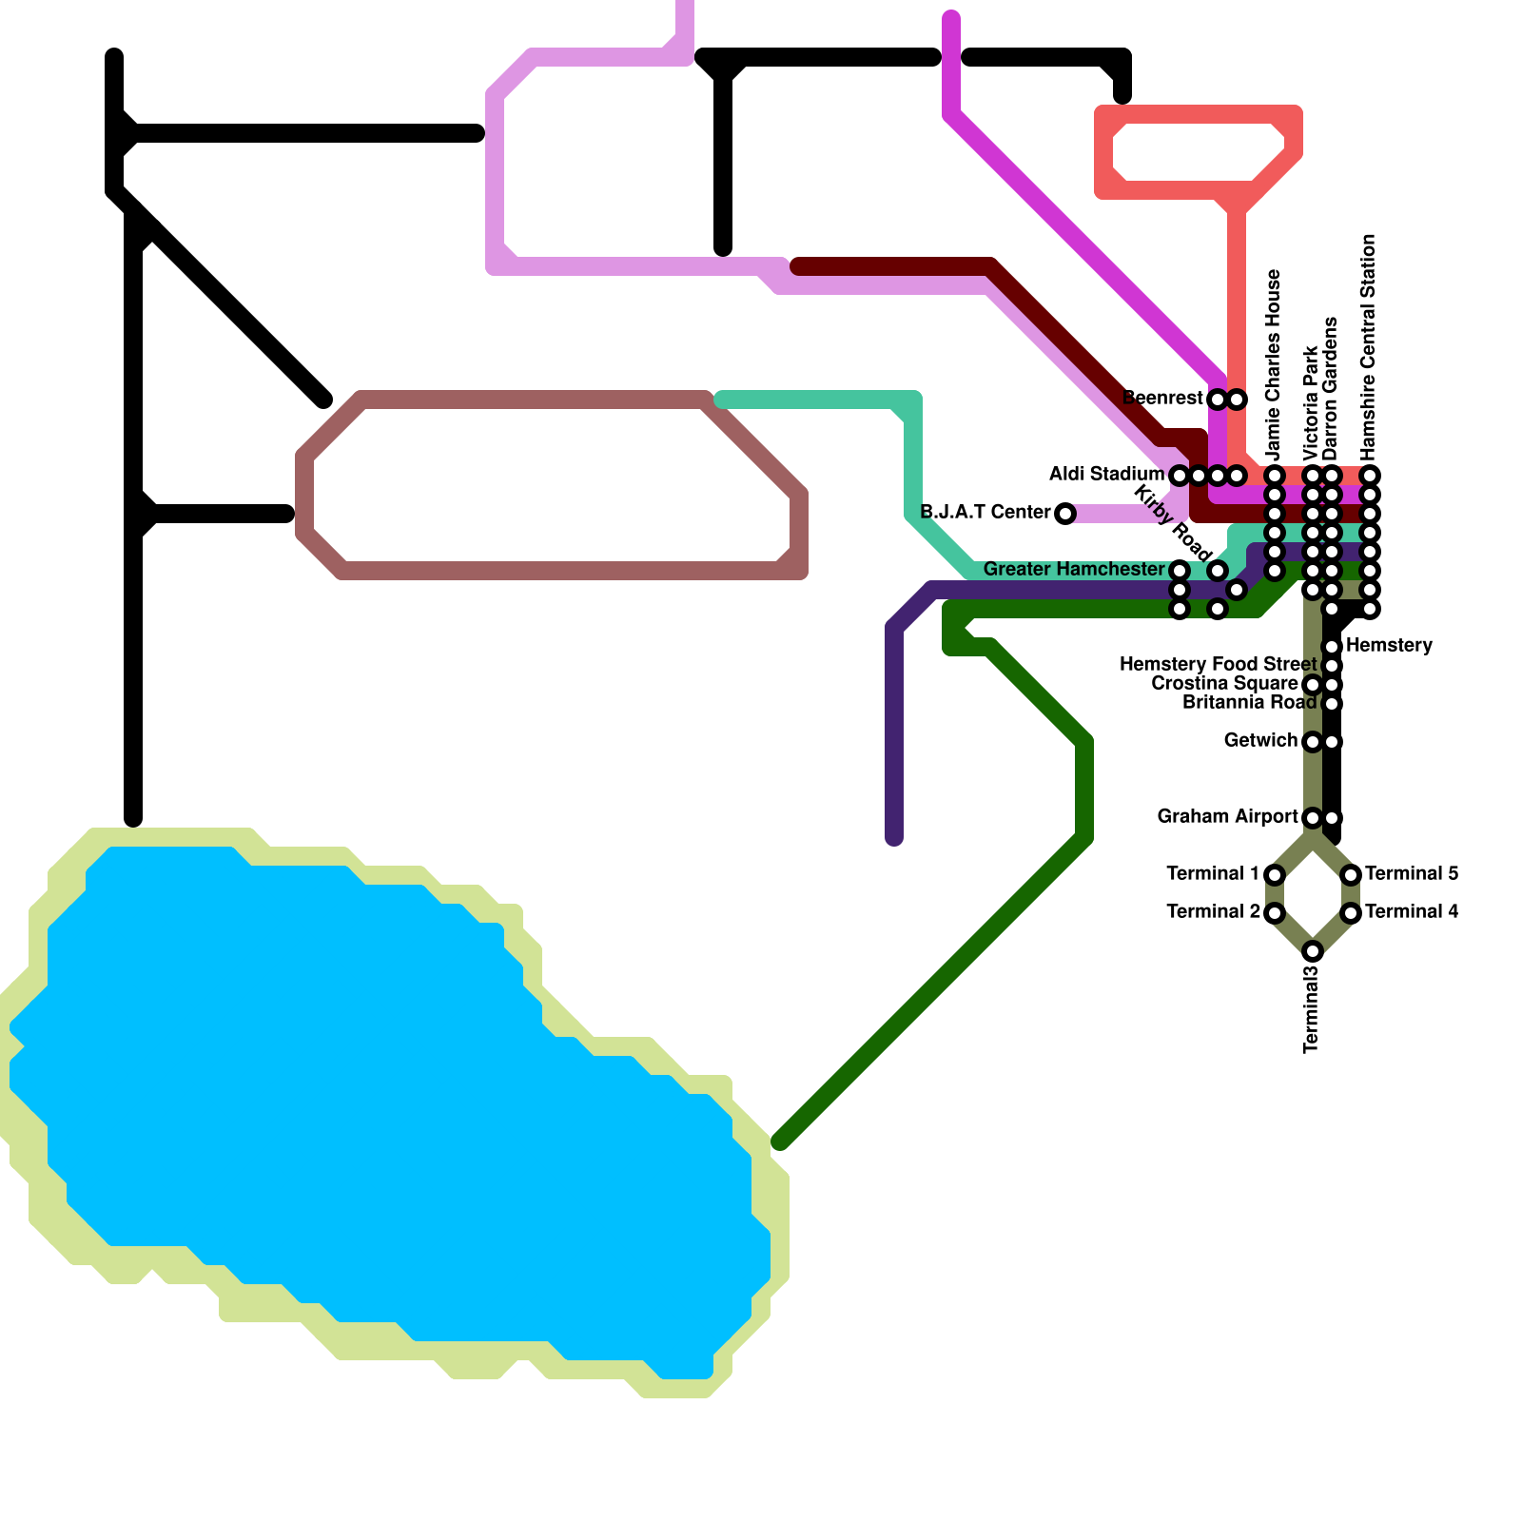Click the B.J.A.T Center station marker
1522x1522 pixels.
coord(1065,514)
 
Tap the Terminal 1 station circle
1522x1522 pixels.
coord(1275,875)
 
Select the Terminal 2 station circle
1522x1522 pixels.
coord(1275,913)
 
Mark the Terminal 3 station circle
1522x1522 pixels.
coord(1313,951)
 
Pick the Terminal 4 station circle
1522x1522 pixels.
coord(1351,913)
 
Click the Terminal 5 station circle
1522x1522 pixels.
coord(1351,875)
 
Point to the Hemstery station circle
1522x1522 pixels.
coord(1333,647)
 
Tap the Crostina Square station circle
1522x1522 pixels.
coord(1313,685)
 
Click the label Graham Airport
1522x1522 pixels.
coord(1227,817)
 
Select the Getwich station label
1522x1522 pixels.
coord(1260,741)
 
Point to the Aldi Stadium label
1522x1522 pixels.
coord(1106,475)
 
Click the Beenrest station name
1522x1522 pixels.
coord(1162,399)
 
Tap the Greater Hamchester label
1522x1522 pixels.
coord(1074,570)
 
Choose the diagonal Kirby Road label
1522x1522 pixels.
coord(1174,523)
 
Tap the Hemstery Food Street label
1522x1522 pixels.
coord(1218,665)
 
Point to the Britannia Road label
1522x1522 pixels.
coord(1249,703)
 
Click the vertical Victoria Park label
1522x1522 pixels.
coord(1312,403)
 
